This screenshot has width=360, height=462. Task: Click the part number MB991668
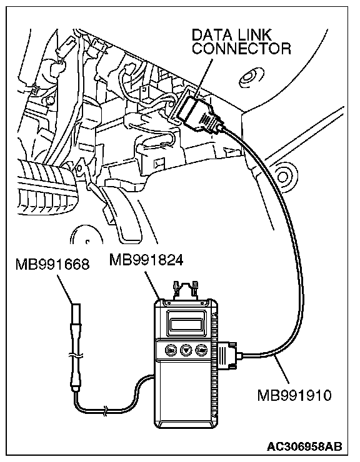point(52,265)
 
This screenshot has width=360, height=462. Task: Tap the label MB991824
point(146,260)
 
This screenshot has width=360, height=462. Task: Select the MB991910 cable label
point(294,395)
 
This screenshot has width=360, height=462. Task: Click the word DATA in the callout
point(209,35)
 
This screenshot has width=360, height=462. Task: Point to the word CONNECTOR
point(241,48)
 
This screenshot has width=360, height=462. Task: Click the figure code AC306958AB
point(304,446)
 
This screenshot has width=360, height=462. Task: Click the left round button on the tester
point(171,350)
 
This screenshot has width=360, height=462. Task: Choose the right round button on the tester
point(201,350)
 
